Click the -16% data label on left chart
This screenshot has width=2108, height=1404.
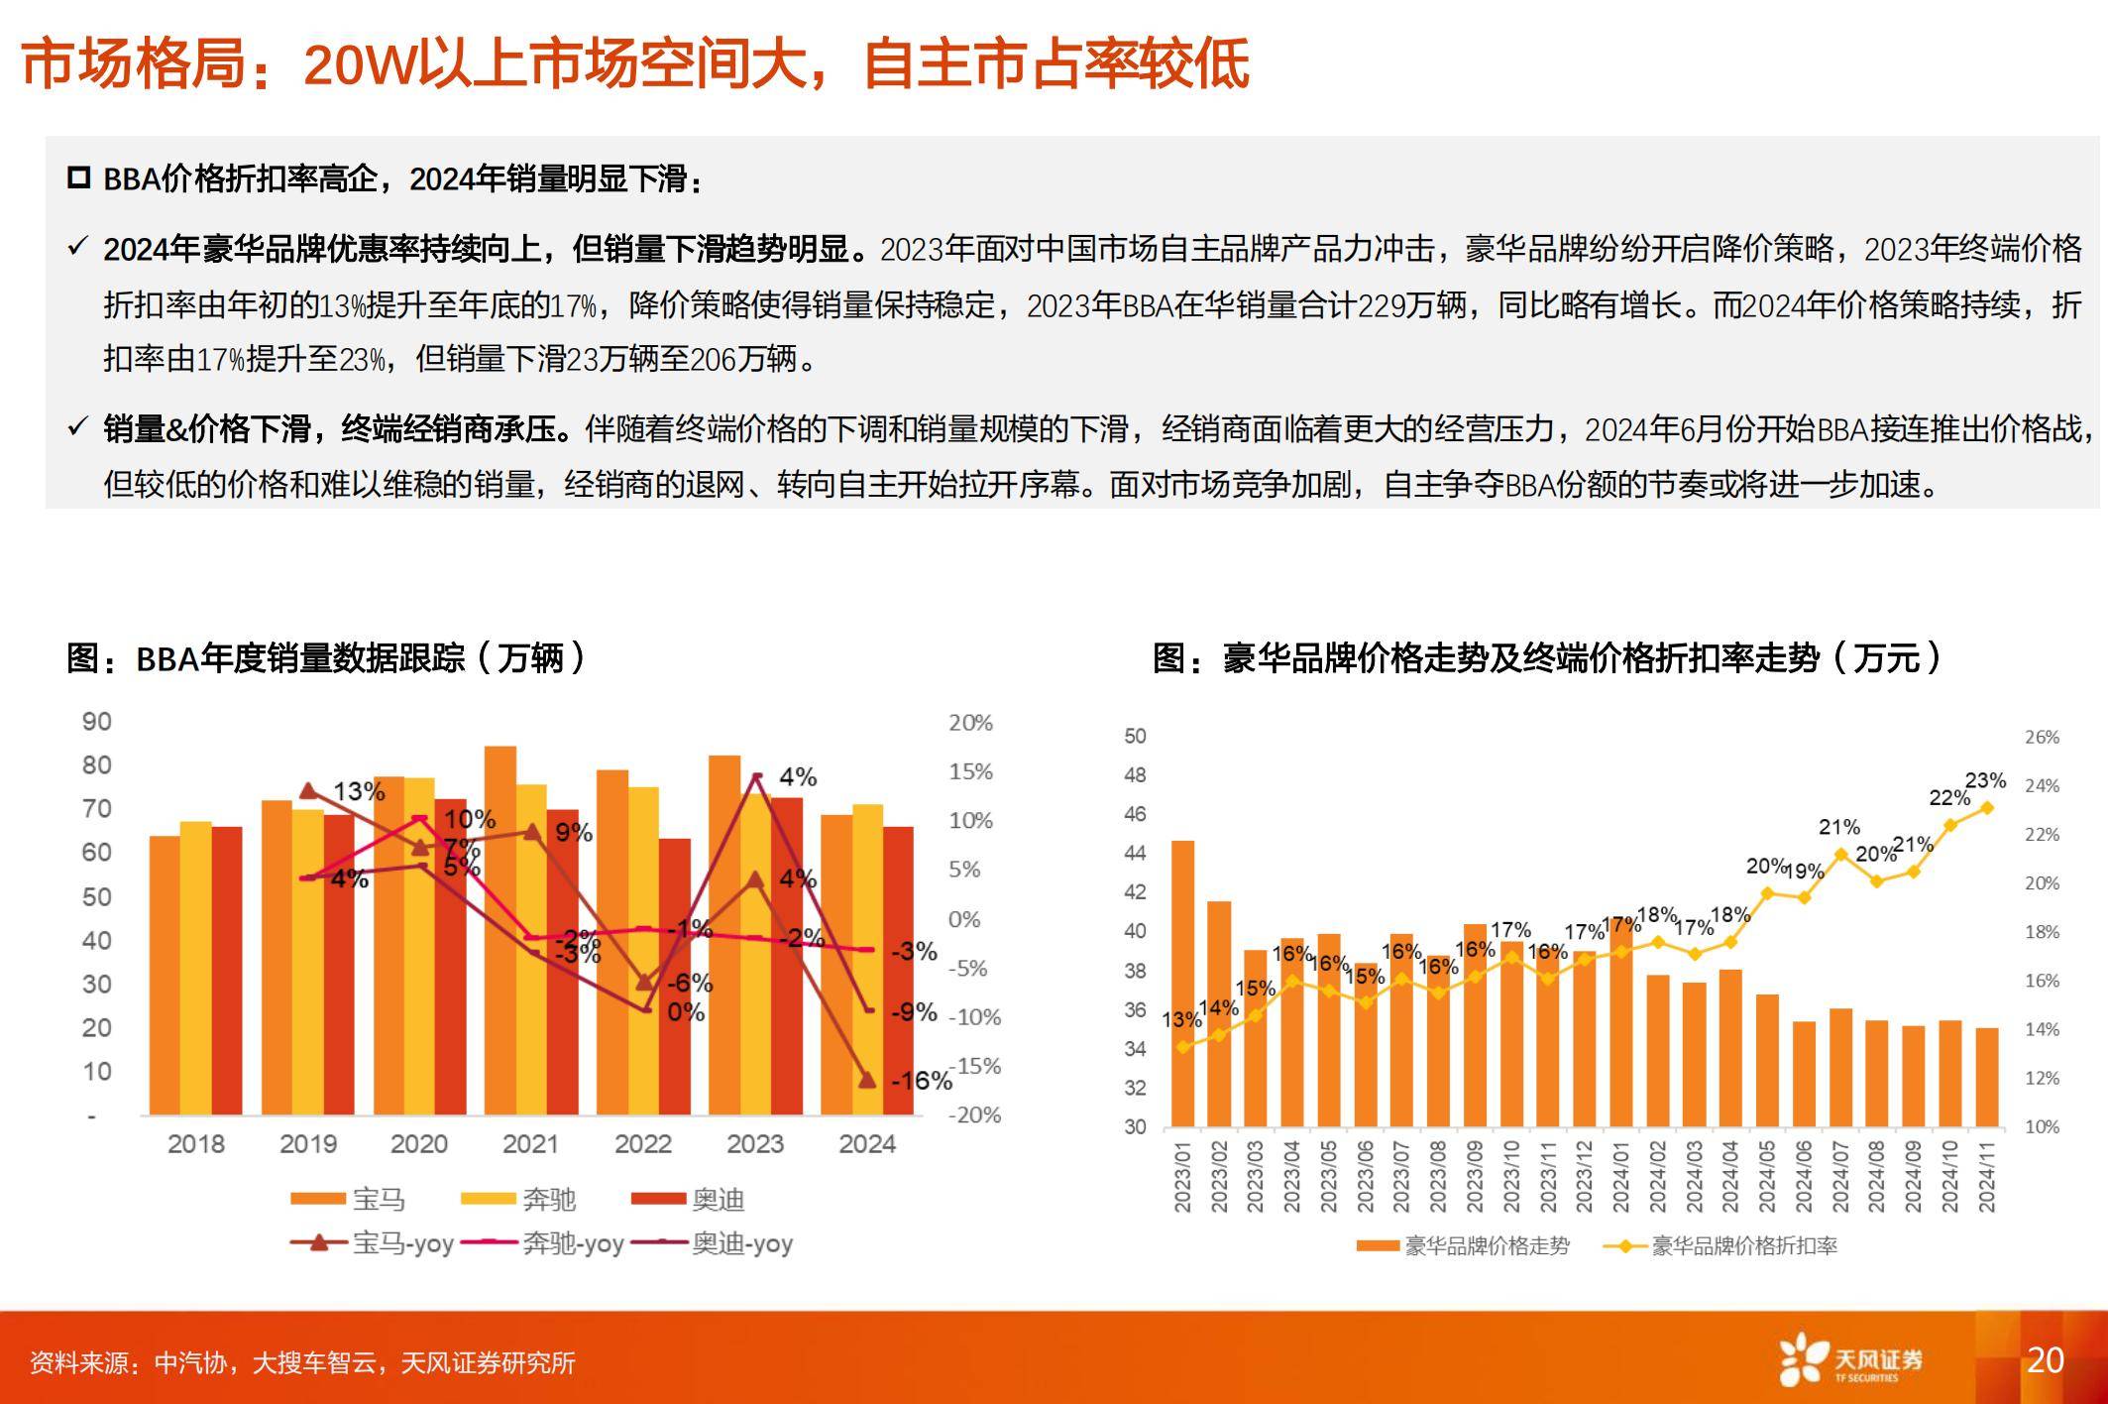click(920, 1081)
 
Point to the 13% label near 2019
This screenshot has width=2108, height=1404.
click(359, 791)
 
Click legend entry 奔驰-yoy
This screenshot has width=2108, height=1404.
click(572, 1243)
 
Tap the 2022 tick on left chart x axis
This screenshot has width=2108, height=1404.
click(643, 1144)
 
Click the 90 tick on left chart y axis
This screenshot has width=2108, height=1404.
click(96, 722)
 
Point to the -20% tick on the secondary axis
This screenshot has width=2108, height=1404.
click(974, 1114)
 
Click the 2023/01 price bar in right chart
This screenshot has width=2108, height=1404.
click(1182, 983)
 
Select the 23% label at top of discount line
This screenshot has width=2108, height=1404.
click(1985, 780)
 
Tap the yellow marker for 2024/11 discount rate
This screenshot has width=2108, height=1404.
click(1987, 808)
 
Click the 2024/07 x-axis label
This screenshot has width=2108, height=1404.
click(1840, 1176)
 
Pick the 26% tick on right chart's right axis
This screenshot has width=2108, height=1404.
click(2042, 737)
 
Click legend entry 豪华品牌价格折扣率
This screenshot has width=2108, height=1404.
click(1742, 1246)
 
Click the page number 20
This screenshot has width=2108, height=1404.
click(2045, 1359)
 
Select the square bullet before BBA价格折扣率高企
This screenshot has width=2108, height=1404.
click(78, 178)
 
